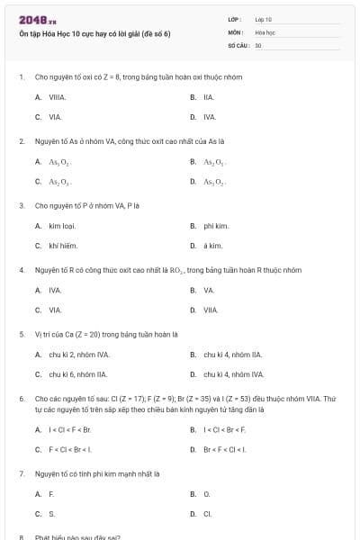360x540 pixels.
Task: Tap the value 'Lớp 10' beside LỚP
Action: (263, 19)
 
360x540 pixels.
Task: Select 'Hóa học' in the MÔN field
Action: (265, 31)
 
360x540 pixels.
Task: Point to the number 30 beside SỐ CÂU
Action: (258, 44)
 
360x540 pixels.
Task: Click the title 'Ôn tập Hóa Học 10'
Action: (94, 33)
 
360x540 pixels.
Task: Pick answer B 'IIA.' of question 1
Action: (208, 96)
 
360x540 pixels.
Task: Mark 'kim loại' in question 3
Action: (62, 225)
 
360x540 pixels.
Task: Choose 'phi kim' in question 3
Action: (215, 225)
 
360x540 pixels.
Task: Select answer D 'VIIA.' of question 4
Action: (211, 310)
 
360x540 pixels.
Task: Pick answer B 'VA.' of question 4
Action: (208, 290)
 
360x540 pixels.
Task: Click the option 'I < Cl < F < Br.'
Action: (69, 428)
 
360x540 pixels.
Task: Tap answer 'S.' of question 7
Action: (52, 514)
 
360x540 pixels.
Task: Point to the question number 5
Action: (22, 333)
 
